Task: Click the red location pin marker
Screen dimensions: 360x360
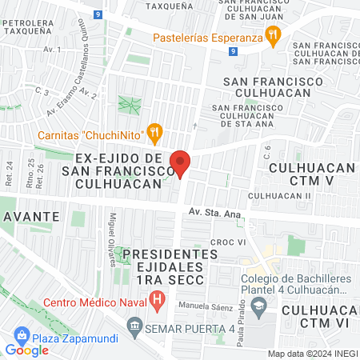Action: pos(181,164)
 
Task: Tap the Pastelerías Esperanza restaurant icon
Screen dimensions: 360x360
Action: pos(274,34)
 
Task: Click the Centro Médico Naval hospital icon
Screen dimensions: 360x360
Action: pos(158,302)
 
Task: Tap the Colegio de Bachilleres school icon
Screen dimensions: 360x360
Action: pos(259,305)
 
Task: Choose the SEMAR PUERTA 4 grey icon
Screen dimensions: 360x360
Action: pos(134,326)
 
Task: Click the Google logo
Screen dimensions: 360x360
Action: pos(27,350)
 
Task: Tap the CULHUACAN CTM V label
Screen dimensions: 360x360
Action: pos(311,175)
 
